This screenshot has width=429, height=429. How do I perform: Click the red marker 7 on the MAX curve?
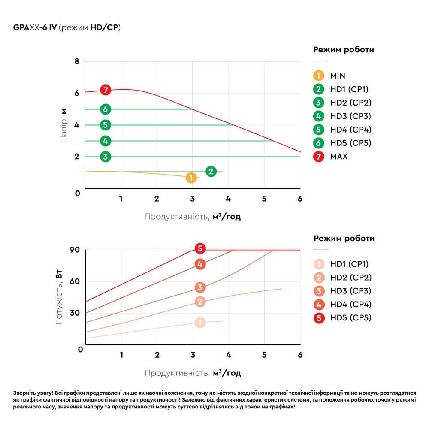pos(106,90)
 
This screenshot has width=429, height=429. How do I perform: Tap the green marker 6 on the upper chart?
pos(106,109)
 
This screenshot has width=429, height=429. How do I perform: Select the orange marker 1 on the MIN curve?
pos(191,178)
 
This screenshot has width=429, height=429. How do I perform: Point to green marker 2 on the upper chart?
pos(211,172)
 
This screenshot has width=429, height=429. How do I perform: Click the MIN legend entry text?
pos(338,76)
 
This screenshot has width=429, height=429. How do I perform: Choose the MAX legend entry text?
pos(339,157)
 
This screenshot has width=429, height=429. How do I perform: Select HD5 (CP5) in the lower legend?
pos(350,318)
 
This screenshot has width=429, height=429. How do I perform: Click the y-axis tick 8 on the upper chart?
pos(77,62)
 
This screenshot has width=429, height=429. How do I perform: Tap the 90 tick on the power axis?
pos(75,250)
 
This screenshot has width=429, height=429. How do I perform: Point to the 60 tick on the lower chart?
pos(75,281)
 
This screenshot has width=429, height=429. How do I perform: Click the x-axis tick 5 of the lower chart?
pos(264,355)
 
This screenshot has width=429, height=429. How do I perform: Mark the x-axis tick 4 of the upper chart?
pos(228,199)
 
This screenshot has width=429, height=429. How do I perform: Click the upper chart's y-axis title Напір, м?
pos(63,125)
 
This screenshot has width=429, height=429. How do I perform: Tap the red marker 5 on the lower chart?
pos(199,248)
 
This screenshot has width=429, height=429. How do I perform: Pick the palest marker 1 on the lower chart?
pos(200,323)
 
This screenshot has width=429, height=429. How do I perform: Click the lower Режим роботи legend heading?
pos(344,239)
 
